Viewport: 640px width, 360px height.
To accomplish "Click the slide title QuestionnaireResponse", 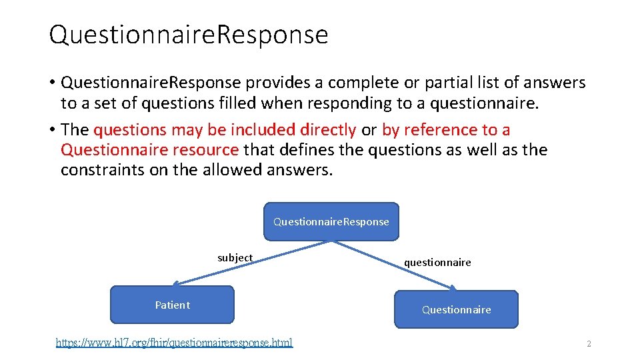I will (189, 35).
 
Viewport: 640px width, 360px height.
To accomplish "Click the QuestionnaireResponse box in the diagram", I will (331, 221).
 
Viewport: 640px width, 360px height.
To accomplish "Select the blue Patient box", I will (172, 305).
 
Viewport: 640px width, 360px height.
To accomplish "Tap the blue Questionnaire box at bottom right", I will (456, 309).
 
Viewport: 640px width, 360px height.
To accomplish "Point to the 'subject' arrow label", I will (235, 258).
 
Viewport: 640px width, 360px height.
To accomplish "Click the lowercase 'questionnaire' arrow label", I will (437, 263).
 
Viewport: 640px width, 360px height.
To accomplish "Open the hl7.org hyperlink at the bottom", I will (174, 343).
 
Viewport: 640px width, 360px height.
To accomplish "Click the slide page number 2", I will (589, 344).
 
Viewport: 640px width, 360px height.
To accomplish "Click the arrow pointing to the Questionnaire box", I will (400, 267).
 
